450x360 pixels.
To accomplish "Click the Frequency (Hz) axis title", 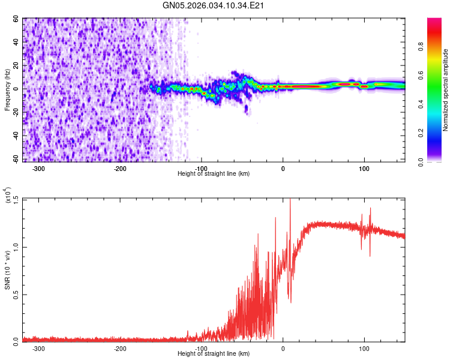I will [x=7, y=90].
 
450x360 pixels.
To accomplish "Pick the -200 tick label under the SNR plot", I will [x=119, y=348].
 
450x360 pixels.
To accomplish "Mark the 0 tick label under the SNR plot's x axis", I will [x=283, y=348].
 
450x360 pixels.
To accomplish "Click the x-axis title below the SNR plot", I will [x=214, y=354].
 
